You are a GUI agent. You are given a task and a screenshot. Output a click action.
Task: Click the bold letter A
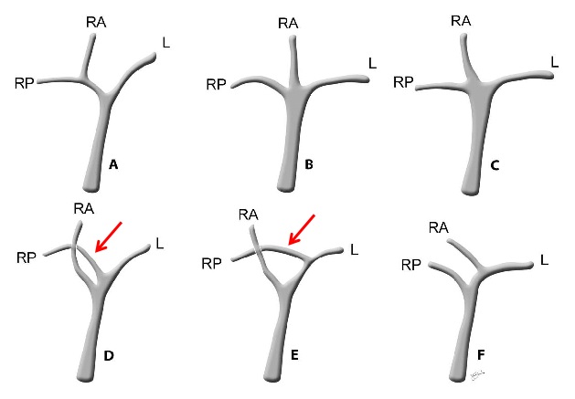click(113, 165)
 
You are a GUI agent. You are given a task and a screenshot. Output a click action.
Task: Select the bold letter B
click(309, 164)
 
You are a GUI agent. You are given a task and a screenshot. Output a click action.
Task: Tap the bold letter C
click(495, 166)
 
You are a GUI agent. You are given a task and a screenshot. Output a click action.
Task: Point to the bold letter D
click(109, 355)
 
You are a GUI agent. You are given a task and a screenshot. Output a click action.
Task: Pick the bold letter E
click(294, 355)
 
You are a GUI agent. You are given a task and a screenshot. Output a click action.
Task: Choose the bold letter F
click(481, 354)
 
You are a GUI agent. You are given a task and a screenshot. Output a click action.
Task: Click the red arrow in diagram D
click(108, 236)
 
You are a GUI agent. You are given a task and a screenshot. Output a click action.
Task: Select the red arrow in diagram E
click(302, 230)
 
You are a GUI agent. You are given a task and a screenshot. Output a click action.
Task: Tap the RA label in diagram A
click(96, 23)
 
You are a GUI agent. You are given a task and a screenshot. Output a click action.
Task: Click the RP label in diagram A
click(24, 83)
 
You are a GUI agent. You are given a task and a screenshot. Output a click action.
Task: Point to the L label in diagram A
click(166, 43)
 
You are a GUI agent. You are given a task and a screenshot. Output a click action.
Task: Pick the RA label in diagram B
click(288, 24)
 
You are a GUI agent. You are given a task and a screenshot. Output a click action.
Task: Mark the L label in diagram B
click(373, 63)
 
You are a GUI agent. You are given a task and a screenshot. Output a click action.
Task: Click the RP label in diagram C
click(403, 82)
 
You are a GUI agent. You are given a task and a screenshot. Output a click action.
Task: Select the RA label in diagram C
click(461, 21)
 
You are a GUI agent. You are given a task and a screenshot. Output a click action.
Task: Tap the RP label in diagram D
click(27, 258)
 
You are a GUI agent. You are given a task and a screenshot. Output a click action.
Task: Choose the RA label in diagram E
click(249, 215)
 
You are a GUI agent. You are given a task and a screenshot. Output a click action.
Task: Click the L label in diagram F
click(545, 260)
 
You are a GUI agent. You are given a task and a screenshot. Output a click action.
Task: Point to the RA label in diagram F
click(439, 228)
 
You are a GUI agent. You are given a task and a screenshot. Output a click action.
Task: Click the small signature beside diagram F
click(477, 375)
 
